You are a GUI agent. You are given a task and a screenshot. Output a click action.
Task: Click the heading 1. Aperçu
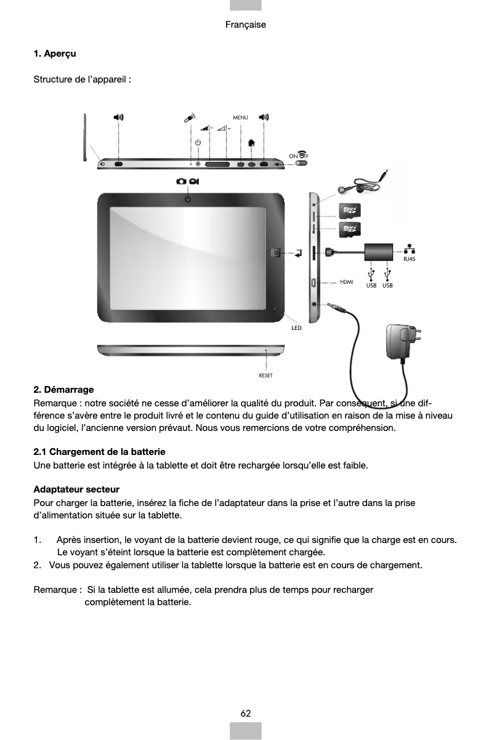click(55, 54)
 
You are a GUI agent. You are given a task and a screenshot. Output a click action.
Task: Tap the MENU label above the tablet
click(240, 117)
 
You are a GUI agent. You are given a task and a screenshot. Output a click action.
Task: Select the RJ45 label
click(409, 259)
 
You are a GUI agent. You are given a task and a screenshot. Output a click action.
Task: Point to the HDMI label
click(347, 282)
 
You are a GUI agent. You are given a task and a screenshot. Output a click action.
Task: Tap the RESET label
click(265, 375)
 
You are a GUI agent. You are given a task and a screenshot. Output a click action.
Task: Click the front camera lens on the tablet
click(187, 199)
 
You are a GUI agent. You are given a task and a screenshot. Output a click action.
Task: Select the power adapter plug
click(402, 342)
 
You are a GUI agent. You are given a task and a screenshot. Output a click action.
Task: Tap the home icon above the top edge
click(251, 143)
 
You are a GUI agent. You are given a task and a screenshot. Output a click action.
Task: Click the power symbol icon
click(198, 143)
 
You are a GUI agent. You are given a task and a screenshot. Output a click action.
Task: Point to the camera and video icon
click(187, 181)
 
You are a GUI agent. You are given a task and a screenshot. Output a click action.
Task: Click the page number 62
click(246, 713)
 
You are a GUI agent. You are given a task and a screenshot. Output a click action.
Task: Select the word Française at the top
click(246, 25)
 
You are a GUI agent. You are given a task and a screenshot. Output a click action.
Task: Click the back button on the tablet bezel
click(275, 253)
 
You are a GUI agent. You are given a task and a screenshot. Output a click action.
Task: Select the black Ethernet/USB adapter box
click(378, 252)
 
